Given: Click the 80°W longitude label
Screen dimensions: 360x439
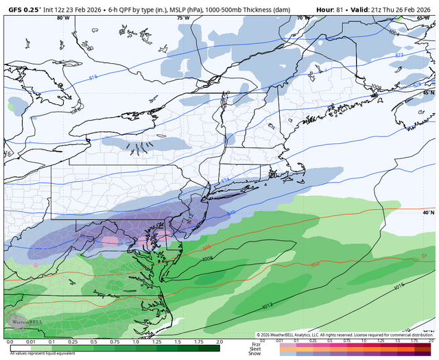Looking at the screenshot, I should (x=63, y=19).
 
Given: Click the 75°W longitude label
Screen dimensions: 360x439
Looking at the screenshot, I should (x=182, y=19).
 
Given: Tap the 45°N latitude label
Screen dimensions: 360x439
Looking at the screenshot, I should (x=429, y=93).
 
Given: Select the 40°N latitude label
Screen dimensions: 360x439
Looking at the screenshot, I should (x=429, y=213).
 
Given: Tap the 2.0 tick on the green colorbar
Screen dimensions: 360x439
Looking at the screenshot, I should (x=219, y=341).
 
